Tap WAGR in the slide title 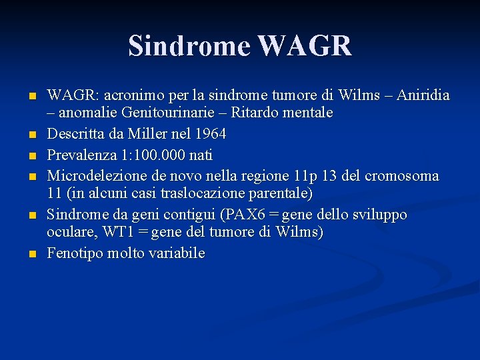point(304,46)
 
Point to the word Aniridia point(423,95)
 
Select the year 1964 point(210,134)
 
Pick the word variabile point(178,253)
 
